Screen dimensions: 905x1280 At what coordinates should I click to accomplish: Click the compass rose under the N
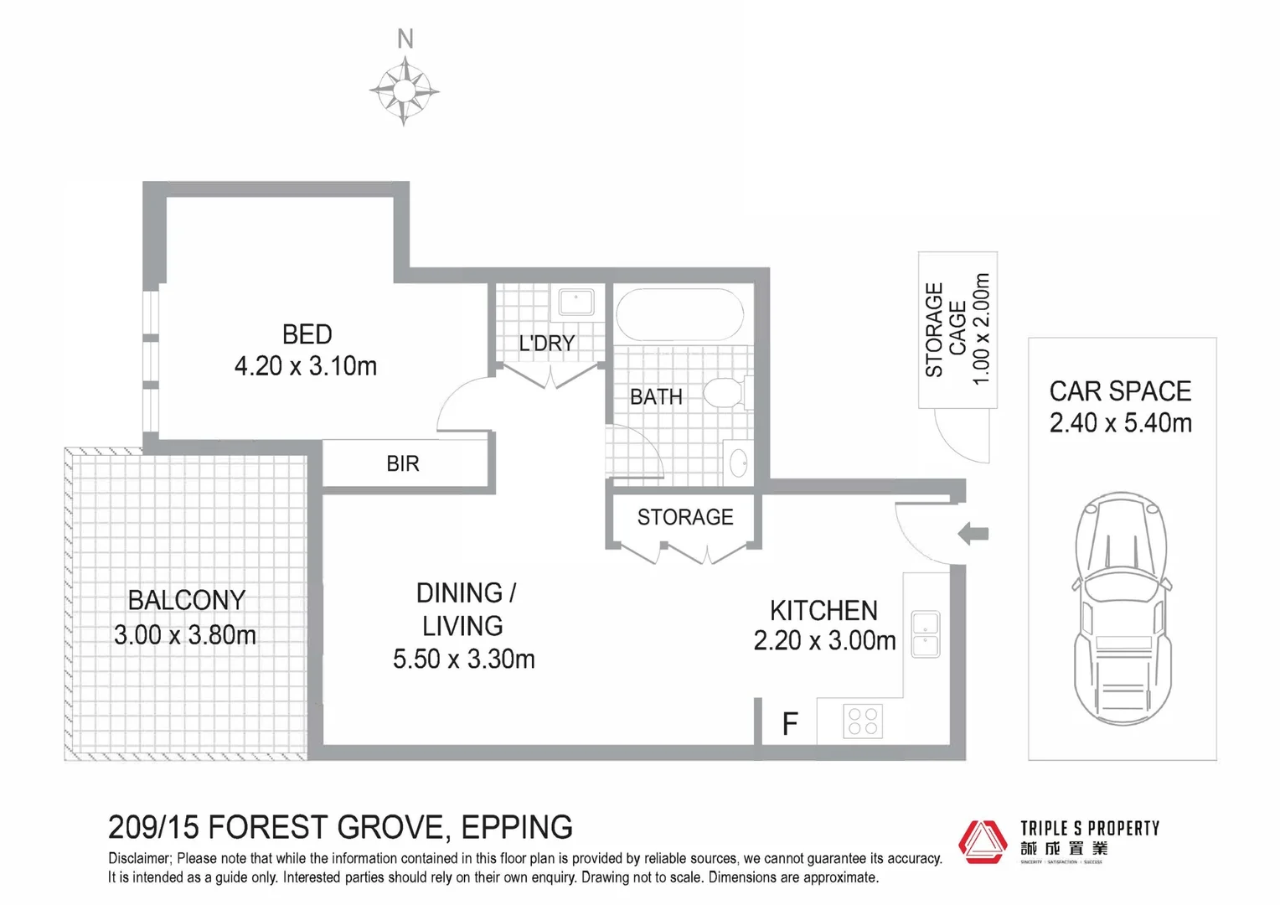point(405,90)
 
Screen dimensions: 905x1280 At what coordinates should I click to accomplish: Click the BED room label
point(307,334)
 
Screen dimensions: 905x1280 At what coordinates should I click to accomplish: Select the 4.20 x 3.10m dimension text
point(306,366)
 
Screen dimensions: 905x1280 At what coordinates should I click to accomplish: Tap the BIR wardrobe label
point(402,463)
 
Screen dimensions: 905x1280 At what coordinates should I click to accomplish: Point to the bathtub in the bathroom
point(679,314)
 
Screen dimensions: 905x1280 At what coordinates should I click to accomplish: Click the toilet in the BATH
point(723,392)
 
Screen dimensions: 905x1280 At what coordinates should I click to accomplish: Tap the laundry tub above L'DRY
point(576,302)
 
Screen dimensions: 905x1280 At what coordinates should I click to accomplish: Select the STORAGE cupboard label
point(684,517)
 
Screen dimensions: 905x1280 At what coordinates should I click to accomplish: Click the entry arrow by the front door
point(973,533)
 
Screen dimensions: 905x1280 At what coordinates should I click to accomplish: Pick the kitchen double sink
point(925,633)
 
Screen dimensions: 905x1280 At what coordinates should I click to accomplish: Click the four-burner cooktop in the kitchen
point(862,721)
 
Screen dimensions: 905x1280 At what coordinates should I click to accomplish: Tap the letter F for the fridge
point(789,724)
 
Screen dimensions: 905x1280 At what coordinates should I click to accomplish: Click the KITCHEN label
point(823,610)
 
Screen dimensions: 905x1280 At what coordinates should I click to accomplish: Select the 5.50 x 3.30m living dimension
point(463,659)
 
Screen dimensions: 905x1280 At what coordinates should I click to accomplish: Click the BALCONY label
point(186,600)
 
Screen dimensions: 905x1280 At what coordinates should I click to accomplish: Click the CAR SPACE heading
point(1120,391)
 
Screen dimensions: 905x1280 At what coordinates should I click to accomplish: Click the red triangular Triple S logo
point(983,841)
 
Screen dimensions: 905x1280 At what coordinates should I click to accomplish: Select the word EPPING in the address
point(517,828)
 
